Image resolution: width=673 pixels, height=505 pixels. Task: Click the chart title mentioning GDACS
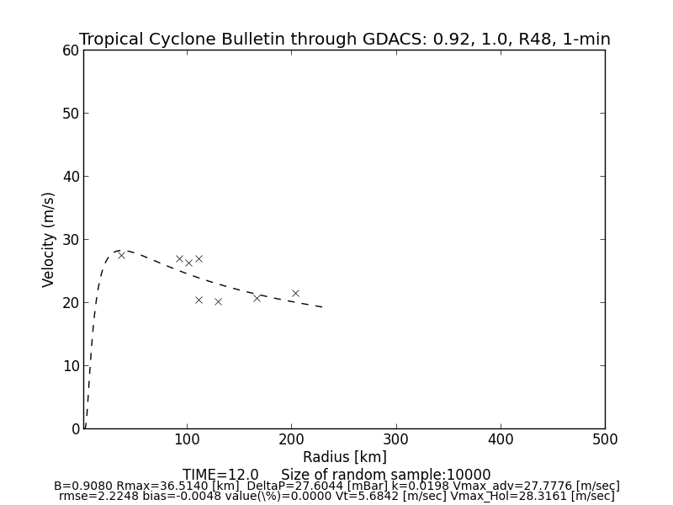pyautogui.click(x=345, y=40)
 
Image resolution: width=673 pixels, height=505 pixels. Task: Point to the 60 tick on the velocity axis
pyautogui.click(x=70, y=50)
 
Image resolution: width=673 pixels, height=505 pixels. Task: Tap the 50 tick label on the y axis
pyautogui.click(x=70, y=114)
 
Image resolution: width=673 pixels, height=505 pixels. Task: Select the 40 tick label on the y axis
pyautogui.click(x=70, y=177)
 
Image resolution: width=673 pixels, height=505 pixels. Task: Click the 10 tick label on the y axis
pyautogui.click(x=70, y=366)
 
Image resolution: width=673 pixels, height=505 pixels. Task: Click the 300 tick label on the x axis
pyautogui.click(x=396, y=439)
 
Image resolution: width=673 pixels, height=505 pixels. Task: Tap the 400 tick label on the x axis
pyautogui.click(x=501, y=439)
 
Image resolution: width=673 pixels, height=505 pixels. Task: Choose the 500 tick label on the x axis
pyautogui.click(x=604, y=439)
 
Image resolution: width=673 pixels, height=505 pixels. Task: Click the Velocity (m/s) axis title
pyautogui.click(x=49, y=239)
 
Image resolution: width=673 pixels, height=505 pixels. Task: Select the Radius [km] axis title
pyautogui.click(x=345, y=457)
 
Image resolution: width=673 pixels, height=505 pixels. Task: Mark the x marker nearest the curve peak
pyautogui.click(x=121, y=255)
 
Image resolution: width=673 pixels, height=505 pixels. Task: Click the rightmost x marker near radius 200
pyautogui.click(x=295, y=293)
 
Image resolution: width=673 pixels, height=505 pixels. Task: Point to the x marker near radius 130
pyautogui.click(x=218, y=301)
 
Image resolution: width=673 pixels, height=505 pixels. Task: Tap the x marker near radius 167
pyautogui.click(x=257, y=298)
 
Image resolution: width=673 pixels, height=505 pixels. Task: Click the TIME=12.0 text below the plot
pyautogui.click(x=220, y=475)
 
